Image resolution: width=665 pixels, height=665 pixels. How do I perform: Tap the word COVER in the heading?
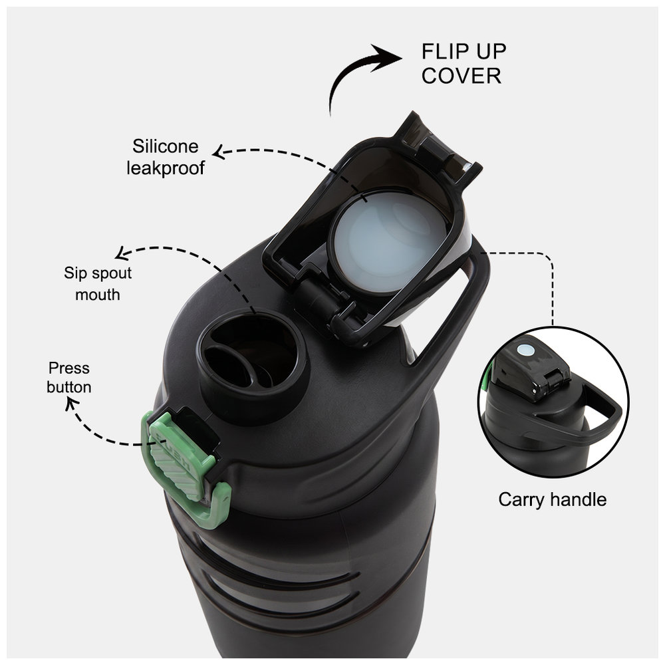(462, 76)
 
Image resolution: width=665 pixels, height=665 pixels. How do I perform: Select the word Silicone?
(166, 146)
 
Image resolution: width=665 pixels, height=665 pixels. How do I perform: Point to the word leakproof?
(166, 168)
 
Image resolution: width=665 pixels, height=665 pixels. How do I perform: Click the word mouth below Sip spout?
(98, 295)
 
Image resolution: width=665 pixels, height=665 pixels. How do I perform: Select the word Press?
(68, 368)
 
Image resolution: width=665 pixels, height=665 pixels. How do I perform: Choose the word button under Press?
(68, 387)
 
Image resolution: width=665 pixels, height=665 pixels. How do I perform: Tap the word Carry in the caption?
(521, 499)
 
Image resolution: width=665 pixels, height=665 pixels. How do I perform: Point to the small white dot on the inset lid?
(525, 350)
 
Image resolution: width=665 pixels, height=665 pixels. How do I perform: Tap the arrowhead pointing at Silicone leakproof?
(218, 153)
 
